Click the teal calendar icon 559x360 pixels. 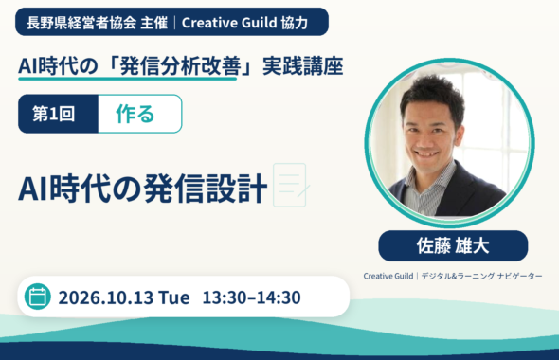click(38, 297)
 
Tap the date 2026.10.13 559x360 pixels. click(105, 297)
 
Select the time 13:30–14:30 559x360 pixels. click(252, 297)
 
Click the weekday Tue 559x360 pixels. click(174, 297)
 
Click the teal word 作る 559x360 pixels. click(135, 114)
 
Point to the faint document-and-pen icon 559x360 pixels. click(291, 185)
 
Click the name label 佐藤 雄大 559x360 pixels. click(453, 246)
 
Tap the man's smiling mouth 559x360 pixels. click(426, 154)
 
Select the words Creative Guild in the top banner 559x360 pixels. click(229, 23)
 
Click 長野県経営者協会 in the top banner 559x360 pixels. click(81, 23)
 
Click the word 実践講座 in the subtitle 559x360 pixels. click(303, 66)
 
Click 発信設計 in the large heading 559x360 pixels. click(206, 188)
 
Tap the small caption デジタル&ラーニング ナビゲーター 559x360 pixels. click(481, 276)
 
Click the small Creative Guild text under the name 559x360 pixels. click(388, 276)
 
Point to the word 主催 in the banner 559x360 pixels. click(154, 23)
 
